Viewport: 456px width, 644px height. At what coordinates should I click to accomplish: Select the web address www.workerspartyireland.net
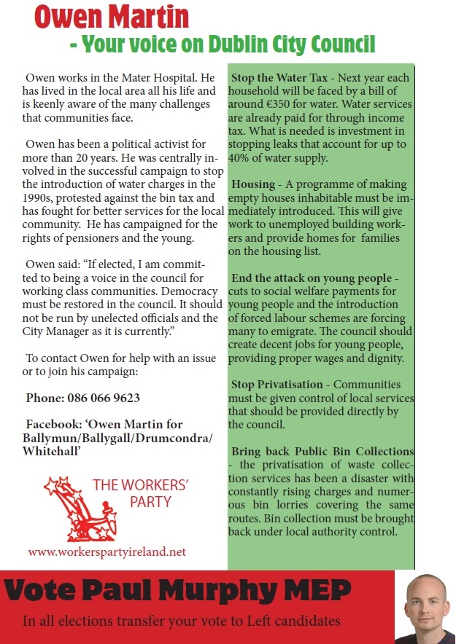click(107, 551)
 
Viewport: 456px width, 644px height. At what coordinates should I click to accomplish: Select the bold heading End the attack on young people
click(311, 278)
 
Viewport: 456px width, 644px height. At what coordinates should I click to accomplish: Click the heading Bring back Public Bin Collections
click(322, 452)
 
